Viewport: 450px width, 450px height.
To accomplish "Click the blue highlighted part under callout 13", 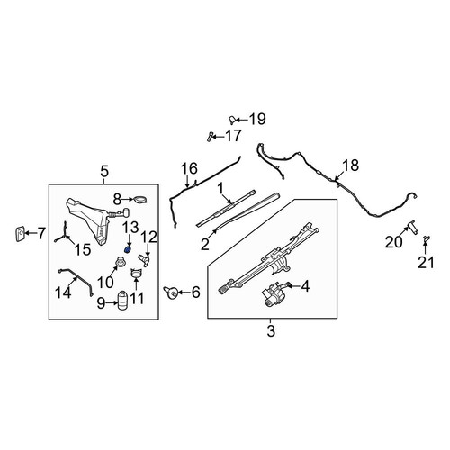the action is pyautogui.click(x=128, y=249).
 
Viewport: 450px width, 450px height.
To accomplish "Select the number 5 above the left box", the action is pyautogui.click(x=104, y=172).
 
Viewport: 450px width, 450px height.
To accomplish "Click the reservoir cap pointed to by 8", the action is pyautogui.click(x=140, y=199).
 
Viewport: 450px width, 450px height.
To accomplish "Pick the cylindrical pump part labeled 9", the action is pyautogui.click(x=122, y=301).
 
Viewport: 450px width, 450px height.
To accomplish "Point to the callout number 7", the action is pyautogui.click(x=41, y=233).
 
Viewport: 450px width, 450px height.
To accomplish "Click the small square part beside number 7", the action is pyautogui.click(x=20, y=234).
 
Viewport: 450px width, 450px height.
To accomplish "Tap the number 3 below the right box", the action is pyautogui.click(x=271, y=331).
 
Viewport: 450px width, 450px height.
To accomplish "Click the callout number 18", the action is pyautogui.click(x=351, y=166).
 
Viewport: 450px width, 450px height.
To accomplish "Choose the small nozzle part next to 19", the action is pyautogui.click(x=232, y=120).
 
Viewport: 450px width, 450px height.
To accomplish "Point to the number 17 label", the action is pyautogui.click(x=233, y=136).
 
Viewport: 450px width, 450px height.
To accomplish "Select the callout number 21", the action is pyautogui.click(x=426, y=263).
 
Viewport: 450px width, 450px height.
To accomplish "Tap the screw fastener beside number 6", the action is pyautogui.click(x=170, y=292).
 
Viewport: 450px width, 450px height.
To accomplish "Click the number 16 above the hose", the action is pyautogui.click(x=190, y=168).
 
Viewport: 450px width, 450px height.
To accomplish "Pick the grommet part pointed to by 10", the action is pyautogui.click(x=121, y=262).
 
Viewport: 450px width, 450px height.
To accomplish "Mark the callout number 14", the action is pyautogui.click(x=63, y=292).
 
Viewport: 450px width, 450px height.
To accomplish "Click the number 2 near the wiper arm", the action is pyautogui.click(x=205, y=245).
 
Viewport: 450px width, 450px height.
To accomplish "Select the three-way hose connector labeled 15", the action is pyautogui.click(x=64, y=234).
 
